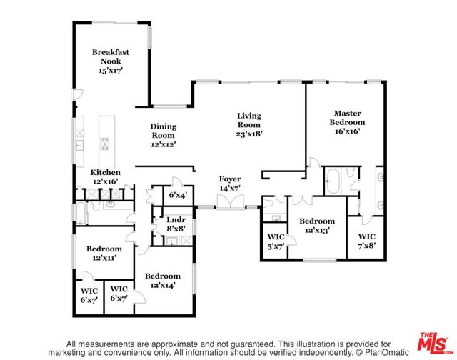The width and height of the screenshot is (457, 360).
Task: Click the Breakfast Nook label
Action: tap(111, 56)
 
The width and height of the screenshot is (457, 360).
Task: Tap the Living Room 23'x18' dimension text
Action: tap(249, 134)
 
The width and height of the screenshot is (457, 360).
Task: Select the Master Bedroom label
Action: tap(347, 118)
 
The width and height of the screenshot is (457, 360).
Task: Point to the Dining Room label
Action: tap(164, 131)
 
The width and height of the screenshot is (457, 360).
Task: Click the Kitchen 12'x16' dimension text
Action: tap(105, 181)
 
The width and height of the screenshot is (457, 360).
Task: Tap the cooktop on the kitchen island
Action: tap(105, 144)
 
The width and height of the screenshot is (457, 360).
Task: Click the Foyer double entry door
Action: tap(230, 201)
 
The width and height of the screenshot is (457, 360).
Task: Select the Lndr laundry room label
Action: tap(176, 219)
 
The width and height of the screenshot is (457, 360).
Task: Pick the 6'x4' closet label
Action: tap(178, 195)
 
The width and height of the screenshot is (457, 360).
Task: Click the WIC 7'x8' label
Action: tap(366, 241)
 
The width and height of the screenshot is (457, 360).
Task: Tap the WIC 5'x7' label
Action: tap(276, 241)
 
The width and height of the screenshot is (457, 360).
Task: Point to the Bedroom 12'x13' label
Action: tap(317, 225)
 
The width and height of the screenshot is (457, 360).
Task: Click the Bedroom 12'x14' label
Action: tap(163, 281)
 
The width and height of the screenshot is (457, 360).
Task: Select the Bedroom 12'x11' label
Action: tap(104, 254)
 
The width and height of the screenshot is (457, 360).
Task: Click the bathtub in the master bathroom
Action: tap(333, 181)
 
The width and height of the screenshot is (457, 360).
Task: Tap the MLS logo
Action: tap(433, 343)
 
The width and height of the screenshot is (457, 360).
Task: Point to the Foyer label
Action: tap(230, 179)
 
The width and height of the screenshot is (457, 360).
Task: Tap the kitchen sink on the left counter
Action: tap(79, 145)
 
